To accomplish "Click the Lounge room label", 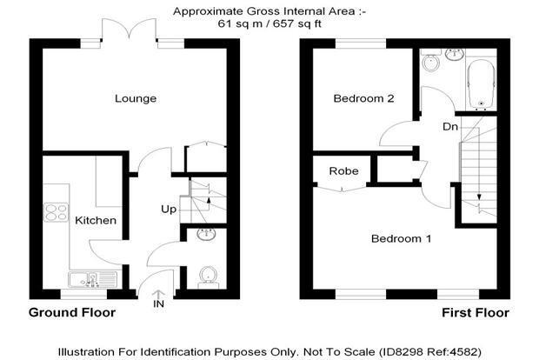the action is (136, 98).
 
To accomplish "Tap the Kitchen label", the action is (96, 220).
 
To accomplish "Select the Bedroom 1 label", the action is (401, 238).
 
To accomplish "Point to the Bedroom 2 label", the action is (363, 98).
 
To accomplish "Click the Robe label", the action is (343, 171).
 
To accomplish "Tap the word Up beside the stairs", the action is (169, 210).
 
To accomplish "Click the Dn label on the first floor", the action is (450, 127).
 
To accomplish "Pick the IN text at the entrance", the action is (158, 304).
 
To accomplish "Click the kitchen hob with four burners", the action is (56, 212).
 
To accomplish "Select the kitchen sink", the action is (93, 279).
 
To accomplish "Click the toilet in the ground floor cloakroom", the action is (208, 277).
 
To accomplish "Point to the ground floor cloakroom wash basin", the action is (206, 234).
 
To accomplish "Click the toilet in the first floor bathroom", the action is (430, 59).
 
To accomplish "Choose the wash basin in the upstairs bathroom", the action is (455, 54).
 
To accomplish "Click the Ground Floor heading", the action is (72, 312).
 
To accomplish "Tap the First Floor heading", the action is (476, 313).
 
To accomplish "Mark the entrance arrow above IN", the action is (158, 294).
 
